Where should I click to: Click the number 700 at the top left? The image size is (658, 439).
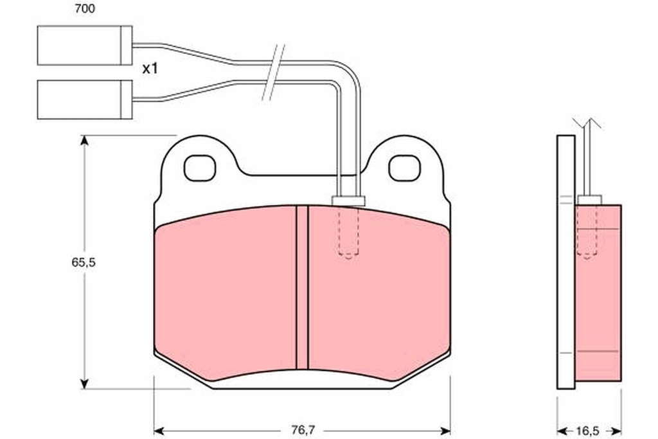pyautogui.click(x=84, y=9)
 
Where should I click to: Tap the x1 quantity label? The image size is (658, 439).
pyautogui.click(x=150, y=68)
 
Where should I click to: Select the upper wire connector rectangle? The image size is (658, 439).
pyautogui.click(x=85, y=46)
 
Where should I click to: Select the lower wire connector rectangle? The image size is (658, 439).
pyautogui.click(x=85, y=100)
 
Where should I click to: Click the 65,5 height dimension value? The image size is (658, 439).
pyautogui.click(x=84, y=262)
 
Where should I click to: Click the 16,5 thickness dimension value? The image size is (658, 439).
pyautogui.click(x=587, y=431)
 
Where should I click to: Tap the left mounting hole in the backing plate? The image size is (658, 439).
pyautogui.click(x=200, y=168)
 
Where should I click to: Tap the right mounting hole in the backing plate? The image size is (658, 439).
pyautogui.click(x=405, y=168)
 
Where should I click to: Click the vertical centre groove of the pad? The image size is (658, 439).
pyautogui.click(x=302, y=288)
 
